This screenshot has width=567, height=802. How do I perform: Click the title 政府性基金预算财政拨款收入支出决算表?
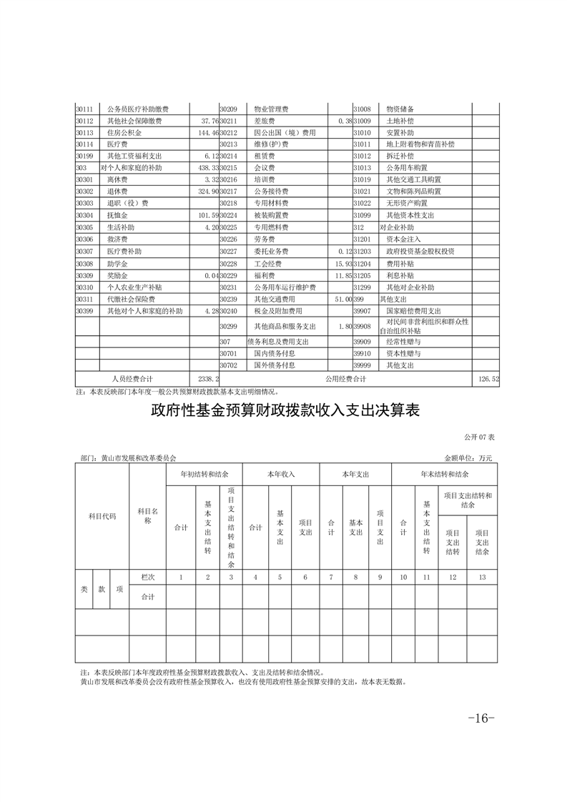(284, 411)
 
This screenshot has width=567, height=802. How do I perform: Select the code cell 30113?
(85, 133)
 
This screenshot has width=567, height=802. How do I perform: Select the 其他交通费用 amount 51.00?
(341, 299)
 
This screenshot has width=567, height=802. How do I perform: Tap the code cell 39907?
(363, 311)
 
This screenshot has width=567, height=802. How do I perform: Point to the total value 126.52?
(485, 378)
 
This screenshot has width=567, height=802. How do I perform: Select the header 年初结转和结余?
(204, 474)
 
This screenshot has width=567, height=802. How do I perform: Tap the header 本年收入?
(281, 474)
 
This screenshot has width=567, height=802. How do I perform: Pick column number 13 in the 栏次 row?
(482, 576)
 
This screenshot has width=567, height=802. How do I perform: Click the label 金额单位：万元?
(468, 457)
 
